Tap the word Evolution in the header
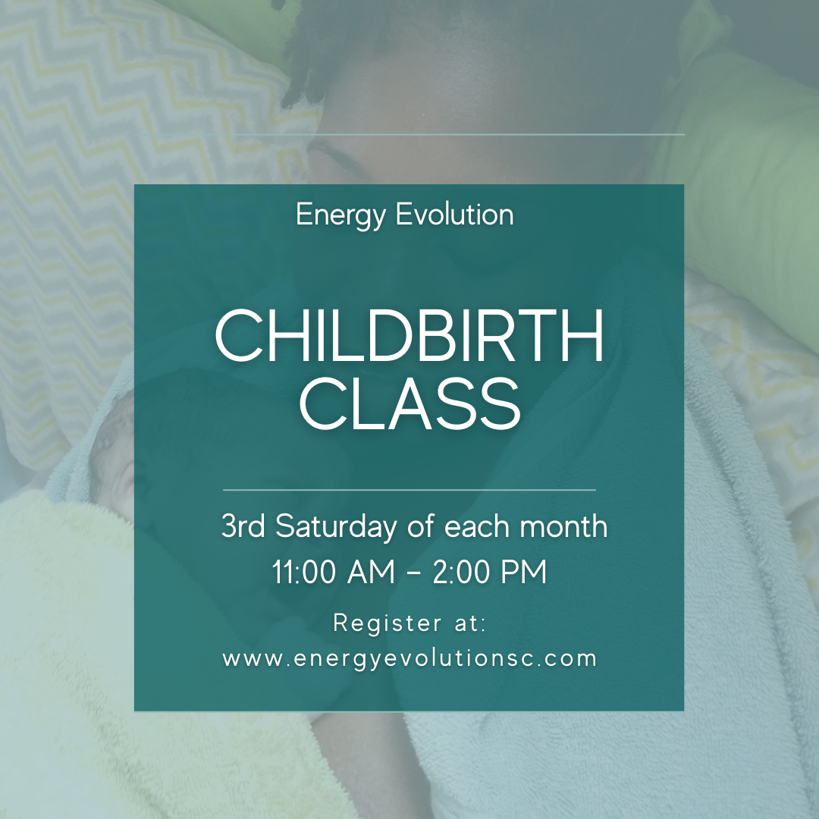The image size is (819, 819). click(x=454, y=215)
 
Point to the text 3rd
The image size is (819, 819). click(x=243, y=526)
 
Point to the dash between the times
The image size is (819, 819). click(x=413, y=574)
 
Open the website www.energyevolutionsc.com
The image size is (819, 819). click(x=409, y=658)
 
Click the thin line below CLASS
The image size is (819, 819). click(x=409, y=490)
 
